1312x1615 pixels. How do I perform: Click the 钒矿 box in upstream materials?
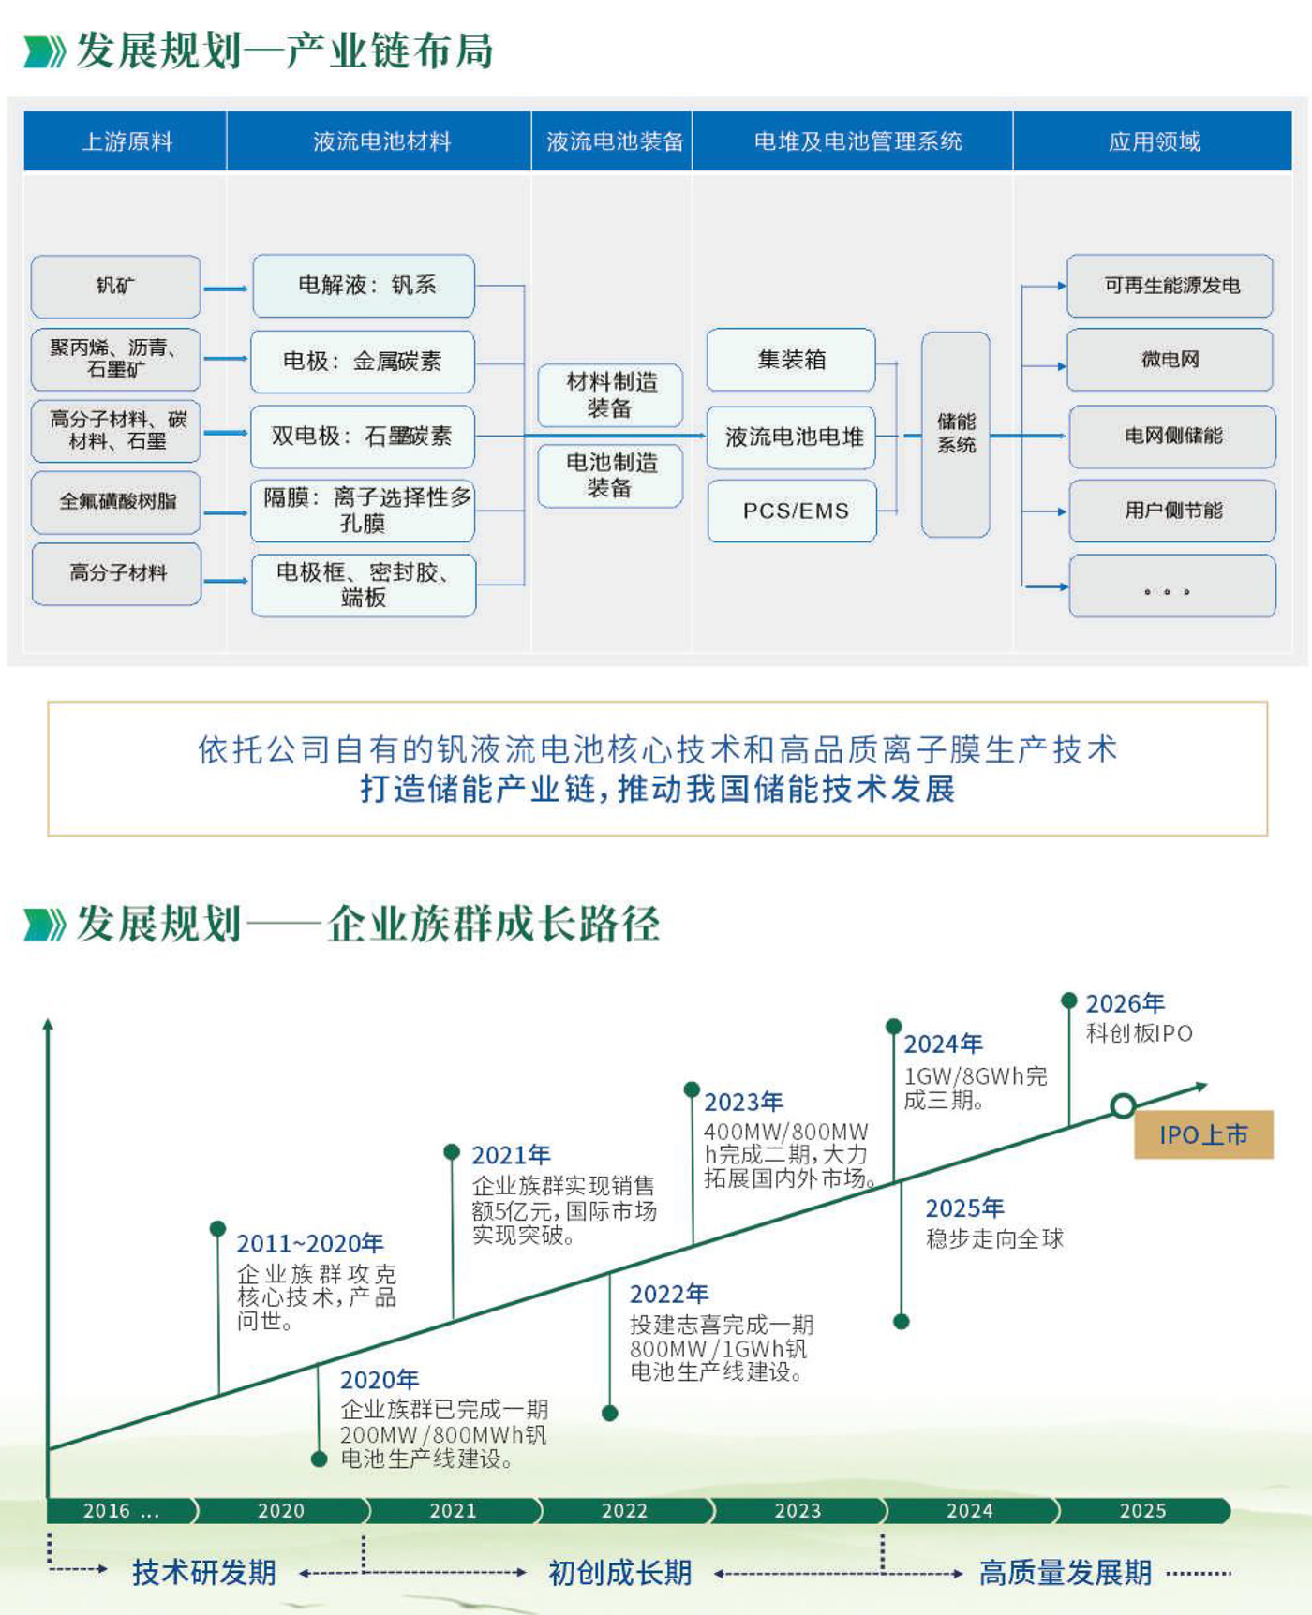pyautogui.click(x=116, y=286)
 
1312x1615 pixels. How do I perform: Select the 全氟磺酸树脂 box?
pyautogui.click(x=116, y=501)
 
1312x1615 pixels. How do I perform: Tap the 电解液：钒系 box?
pyautogui.click(x=364, y=286)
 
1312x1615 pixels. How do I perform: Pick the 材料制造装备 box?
pyautogui.click(x=610, y=395)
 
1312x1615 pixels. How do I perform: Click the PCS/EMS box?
pyautogui.click(x=793, y=511)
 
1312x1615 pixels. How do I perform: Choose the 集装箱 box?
pyautogui.click(x=791, y=360)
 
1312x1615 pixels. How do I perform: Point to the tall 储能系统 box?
pyautogui.click(x=956, y=434)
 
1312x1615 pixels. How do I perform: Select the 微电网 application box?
pyautogui.click(x=1170, y=360)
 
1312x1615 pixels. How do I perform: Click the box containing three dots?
pyautogui.click(x=1171, y=586)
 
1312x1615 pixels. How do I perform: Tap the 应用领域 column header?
pyautogui.click(x=1153, y=141)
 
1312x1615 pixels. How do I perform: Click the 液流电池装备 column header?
pyautogui.click(x=613, y=141)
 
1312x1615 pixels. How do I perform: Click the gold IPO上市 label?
pyautogui.click(x=1203, y=1135)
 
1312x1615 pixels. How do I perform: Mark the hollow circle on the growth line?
pyautogui.click(x=1123, y=1105)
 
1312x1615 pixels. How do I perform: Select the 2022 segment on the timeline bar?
pyautogui.click(x=624, y=1510)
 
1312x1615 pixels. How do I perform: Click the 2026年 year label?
pyautogui.click(x=1125, y=1004)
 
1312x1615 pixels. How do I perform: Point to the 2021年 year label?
pyautogui.click(x=511, y=1155)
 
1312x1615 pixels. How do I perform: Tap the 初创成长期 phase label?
pyautogui.click(x=619, y=1573)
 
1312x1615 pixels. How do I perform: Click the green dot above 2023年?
pyautogui.click(x=692, y=1089)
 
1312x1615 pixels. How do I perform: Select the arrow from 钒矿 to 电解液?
pyautogui.click(x=226, y=288)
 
